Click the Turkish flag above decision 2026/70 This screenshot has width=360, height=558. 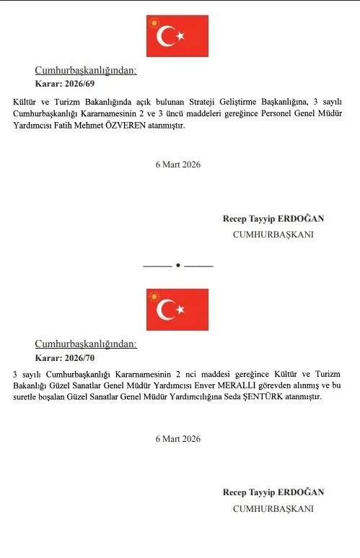pos(177,309)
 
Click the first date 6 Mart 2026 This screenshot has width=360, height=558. pos(178,164)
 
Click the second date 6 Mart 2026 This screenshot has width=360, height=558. pos(178,438)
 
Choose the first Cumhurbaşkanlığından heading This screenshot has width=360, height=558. pos(86,71)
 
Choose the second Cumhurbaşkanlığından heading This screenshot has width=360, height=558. pos(86,344)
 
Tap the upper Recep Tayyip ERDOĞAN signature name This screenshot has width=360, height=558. pos(273,219)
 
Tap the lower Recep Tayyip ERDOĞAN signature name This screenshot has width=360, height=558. pos(273,492)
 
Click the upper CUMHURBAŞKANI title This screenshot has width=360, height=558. pos(273,235)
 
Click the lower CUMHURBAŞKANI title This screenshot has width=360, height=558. pos(273,508)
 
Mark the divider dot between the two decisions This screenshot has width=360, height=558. pos(178,266)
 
